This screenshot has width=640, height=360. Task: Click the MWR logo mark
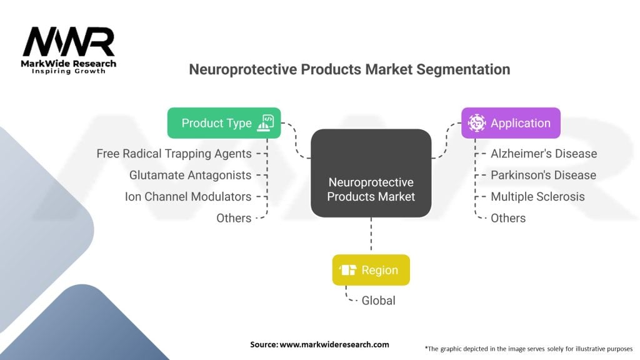coord(69,42)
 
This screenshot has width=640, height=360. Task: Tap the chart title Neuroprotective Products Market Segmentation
coord(349,69)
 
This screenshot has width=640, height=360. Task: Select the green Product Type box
coord(224,123)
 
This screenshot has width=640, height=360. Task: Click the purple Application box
coord(511,123)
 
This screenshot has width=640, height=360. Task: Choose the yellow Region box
coord(371,270)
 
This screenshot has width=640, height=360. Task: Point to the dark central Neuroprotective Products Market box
coord(371,173)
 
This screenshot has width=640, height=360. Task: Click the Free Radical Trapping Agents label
coord(174,153)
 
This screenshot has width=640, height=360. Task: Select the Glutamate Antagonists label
coord(190,175)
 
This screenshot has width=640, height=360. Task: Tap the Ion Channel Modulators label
coord(187,196)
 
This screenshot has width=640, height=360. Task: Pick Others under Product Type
coord(234,218)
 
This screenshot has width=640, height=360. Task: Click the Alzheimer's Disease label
coord(543,153)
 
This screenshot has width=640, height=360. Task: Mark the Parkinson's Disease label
coord(543,175)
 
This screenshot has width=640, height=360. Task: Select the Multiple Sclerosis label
coord(537,196)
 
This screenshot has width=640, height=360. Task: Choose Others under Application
coord(508,218)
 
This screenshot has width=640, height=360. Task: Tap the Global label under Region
coord(378,301)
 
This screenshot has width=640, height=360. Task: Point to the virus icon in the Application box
coord(477,123)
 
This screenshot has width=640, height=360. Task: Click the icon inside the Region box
coord(349,270)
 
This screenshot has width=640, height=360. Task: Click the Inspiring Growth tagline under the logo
coord(69,71)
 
